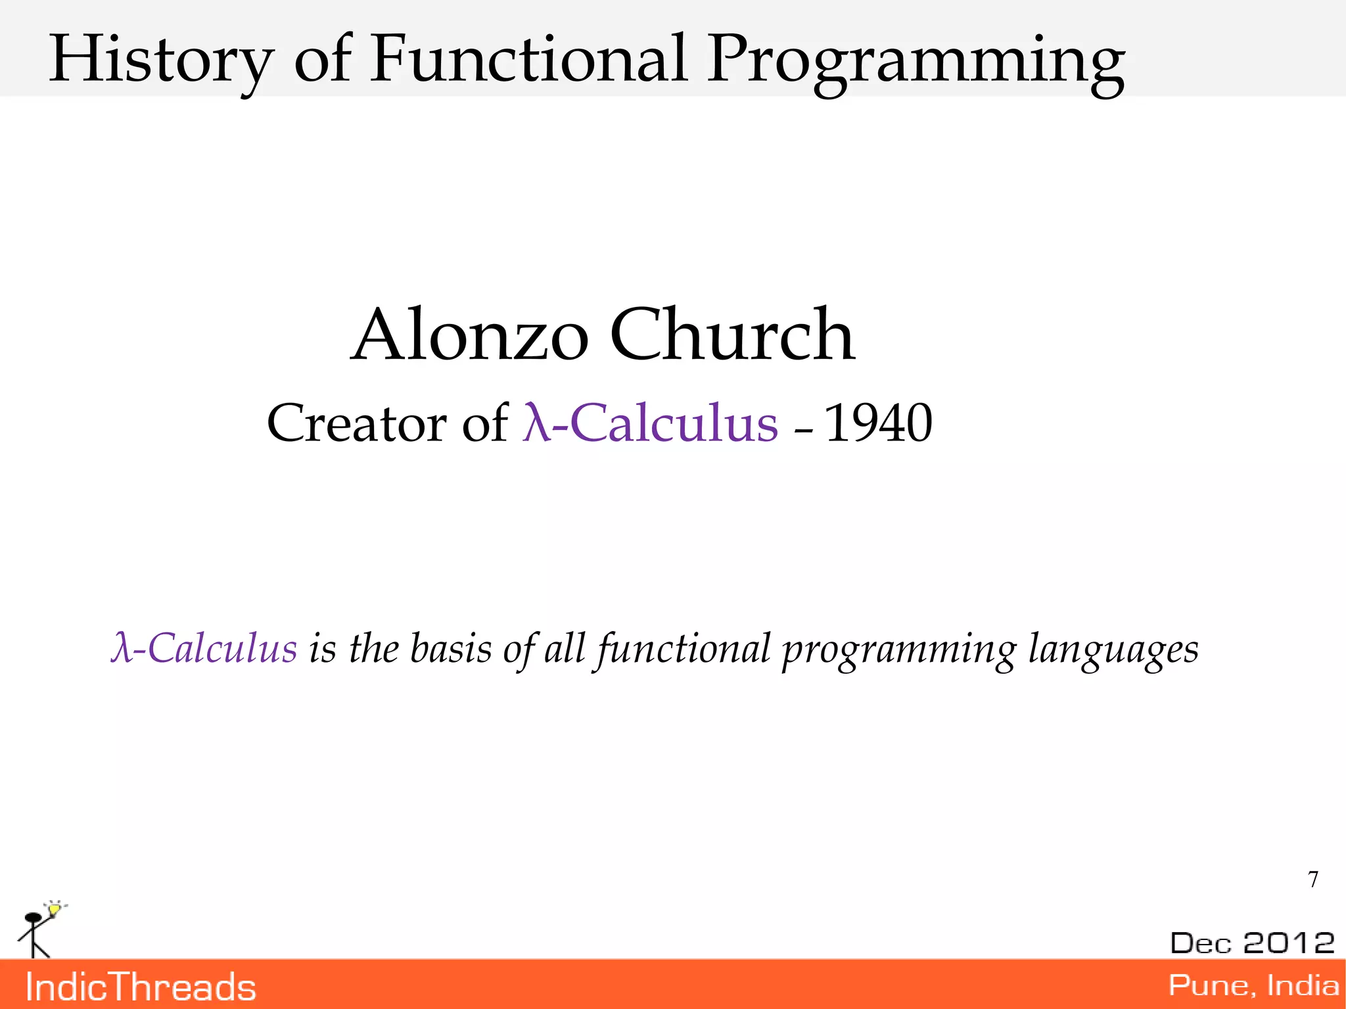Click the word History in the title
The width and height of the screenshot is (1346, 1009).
tap(161, 60)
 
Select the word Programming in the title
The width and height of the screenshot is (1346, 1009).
tap(916, 62)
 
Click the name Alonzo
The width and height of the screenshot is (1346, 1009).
tap(470, 337)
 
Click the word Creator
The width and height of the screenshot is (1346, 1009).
tap(356, 423)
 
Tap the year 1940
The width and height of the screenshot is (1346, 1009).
tap(877, 423)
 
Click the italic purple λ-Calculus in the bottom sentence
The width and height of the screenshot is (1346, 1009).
tap(204, 649)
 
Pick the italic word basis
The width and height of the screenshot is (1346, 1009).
tap(450, 649)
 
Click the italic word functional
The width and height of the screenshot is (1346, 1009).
tap(684, 649)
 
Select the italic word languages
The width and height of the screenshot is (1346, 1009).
tap(1113, 651)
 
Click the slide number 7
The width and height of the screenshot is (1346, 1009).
tap(1313, 880)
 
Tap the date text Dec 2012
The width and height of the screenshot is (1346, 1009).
tap(1252, 943)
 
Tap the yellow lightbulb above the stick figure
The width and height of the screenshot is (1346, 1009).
tap(55, 910)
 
